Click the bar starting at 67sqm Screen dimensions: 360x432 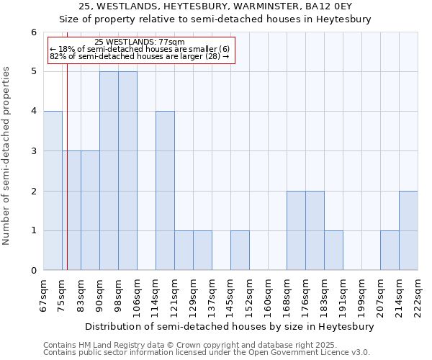point(53,191)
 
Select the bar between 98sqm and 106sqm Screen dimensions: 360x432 point(127,171)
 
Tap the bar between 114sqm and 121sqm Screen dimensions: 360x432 point(165,191)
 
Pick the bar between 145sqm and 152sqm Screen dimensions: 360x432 point(240,251)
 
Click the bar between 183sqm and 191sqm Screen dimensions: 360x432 point(333,251)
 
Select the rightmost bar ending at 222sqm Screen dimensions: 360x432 point(408,230)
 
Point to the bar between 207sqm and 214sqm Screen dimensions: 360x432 point(390,251)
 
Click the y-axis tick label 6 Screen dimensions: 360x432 point(33,32)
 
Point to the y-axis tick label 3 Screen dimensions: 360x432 point(33,151)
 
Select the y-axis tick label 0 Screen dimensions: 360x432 point(33,271)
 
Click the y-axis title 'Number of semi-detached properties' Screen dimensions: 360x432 point(6,156)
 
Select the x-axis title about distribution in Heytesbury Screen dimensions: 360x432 point(230,326)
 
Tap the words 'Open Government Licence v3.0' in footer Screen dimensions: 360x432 point(306,353)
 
